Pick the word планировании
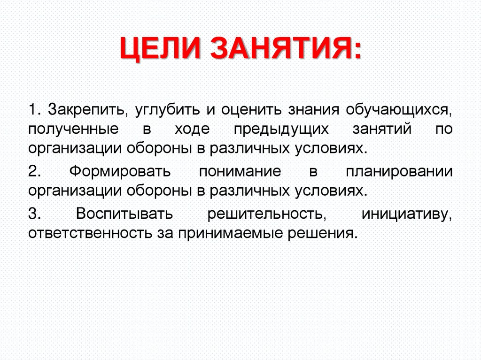point(399,172)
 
